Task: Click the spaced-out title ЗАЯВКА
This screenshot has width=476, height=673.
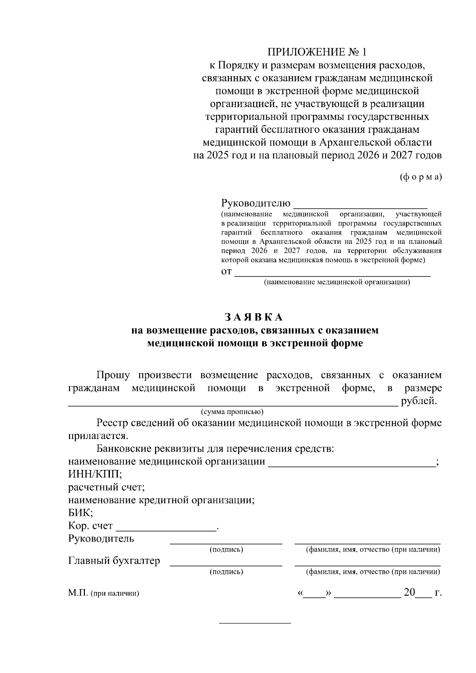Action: [x=254, y=317]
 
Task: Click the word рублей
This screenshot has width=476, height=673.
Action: [x=419, y=401]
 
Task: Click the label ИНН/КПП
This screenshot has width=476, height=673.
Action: [x=95, y=474]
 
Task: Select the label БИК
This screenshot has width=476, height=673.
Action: [x=81, y=513]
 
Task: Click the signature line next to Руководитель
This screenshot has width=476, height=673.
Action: [x=226, y=543]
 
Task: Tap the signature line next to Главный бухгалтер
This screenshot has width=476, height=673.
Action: [x=226, y=564]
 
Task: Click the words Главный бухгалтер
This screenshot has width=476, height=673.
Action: [x=114, y=561]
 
